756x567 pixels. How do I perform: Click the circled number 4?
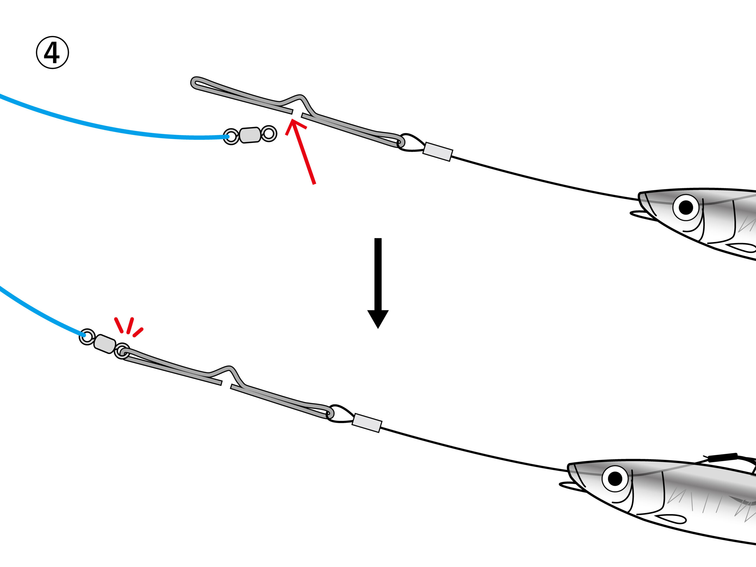[x=52, y=53]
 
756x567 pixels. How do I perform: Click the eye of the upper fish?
[x=686, y=207]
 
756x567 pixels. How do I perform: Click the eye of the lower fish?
[x=615, y=479]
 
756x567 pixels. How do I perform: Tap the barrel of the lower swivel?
[x=105, y=344]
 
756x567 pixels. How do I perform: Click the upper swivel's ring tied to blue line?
[x=231, y=137]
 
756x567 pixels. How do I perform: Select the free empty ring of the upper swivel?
[x=269, y=134]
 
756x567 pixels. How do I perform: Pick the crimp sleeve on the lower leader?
[x=367, y=423]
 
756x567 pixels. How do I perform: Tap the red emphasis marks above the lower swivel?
[x=128, y=327]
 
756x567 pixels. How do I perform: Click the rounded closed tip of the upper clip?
[x=195, y=83]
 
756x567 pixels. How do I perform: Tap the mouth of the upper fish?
[x=643, y=213]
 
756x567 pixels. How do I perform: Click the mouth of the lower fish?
[x=572, y=485]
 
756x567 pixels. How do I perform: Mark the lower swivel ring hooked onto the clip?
[x=122, y=351]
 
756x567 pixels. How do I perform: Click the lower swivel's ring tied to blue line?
[x=87, y=337]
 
